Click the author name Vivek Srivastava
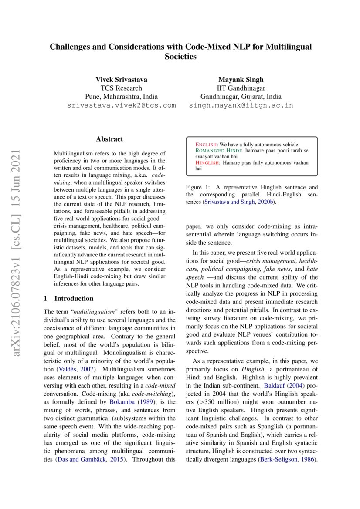coord(121,79)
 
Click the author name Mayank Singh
coord(241,79)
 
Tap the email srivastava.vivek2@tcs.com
coord(121,105)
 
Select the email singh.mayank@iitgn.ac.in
coord(241,105)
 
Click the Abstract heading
coord(109,139)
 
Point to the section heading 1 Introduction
coord(69,298)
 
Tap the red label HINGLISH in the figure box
coord(207,162)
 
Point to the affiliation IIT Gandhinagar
coord(241,88)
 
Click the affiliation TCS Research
coord(121,88)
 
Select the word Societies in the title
coord(180,57)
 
